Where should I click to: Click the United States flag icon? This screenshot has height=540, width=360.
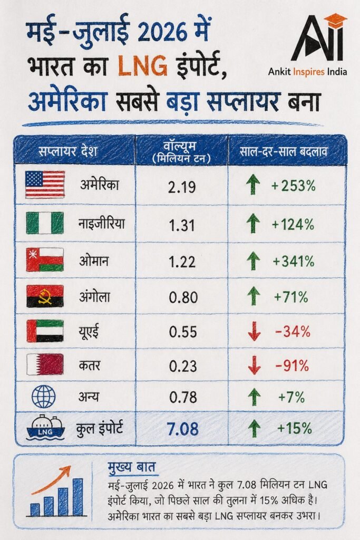[45, 185]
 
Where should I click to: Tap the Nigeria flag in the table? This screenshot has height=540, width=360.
[45, 223]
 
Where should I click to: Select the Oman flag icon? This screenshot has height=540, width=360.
[45, 259]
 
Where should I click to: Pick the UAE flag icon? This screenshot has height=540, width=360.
[45, 331]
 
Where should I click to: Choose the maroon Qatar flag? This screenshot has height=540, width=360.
[45, 364]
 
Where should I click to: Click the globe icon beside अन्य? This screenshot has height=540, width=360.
[43, 397]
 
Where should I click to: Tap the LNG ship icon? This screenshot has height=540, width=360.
[45, 428]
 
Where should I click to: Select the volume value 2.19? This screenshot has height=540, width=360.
[182, 187]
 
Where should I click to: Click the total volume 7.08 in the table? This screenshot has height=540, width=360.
[183, 429]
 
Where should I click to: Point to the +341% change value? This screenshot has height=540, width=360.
[293, 261]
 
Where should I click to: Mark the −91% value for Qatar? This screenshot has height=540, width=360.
[292, 366]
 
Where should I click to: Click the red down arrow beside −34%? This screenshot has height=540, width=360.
[254, 331]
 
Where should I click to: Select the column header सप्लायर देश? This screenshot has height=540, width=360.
[68, 151]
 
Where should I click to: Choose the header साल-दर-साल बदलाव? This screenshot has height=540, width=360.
[283, 151]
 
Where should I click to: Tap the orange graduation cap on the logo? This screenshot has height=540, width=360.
[336, 18]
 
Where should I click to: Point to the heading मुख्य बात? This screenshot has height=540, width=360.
[131, 467]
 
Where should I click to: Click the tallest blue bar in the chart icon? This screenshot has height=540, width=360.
[78, 497]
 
